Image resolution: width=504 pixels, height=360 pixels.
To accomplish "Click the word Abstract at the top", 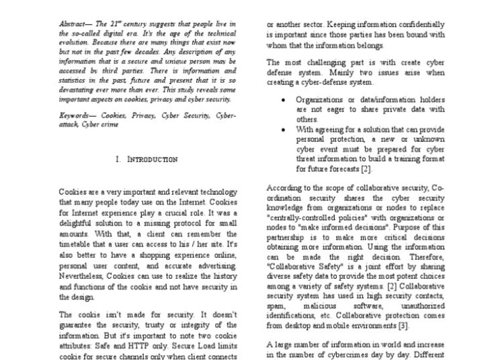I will (71, 24).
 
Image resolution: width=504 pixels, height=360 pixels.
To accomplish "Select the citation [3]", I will (402, 326).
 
